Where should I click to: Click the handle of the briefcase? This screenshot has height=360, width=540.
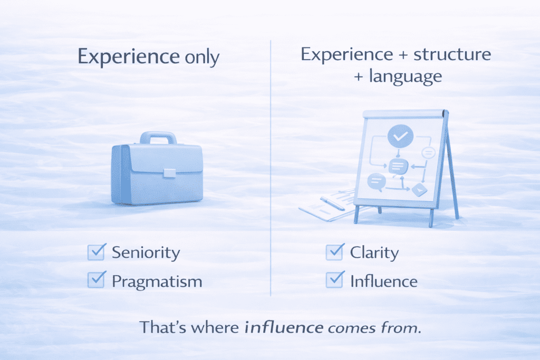pos(157,138)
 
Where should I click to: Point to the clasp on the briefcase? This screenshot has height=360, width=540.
pos(170,173)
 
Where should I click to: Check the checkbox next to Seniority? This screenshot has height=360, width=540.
pos(95,252)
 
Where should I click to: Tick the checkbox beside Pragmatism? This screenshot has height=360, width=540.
pos(95,280)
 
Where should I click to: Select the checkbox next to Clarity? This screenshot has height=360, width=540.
pos(335,252)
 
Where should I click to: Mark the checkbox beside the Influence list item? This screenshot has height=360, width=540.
pos(335,280)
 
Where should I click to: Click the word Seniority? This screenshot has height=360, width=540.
pos(146,252)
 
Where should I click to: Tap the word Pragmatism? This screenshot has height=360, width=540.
pos(157,281)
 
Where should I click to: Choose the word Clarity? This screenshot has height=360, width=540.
pos(374,252)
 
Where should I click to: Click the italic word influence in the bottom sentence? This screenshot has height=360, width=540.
pos(285,327)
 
